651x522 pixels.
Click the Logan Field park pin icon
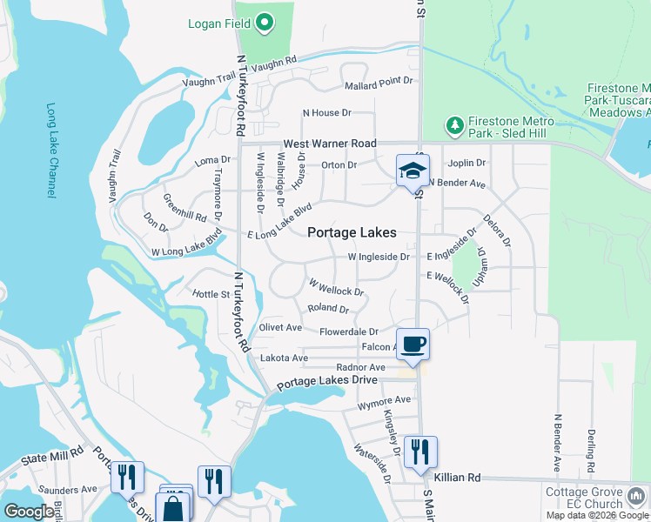(265, 23)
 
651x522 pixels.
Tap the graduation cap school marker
(413, 171)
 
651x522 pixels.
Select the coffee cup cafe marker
(413, 344)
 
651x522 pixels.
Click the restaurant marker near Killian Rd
(420, 452)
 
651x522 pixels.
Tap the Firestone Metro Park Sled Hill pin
(454, 126)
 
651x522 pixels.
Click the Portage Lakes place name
(352, 232)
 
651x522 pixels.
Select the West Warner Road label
(330, 143)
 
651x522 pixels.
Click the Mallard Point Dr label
(378, 81)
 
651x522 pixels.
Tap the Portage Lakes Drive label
(327, 381)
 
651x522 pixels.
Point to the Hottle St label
(211, 294)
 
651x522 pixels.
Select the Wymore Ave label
(384, 400)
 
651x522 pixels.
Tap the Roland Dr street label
(328, 309)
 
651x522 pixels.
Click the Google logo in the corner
(29, 512)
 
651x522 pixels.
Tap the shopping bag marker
(173, 507)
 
